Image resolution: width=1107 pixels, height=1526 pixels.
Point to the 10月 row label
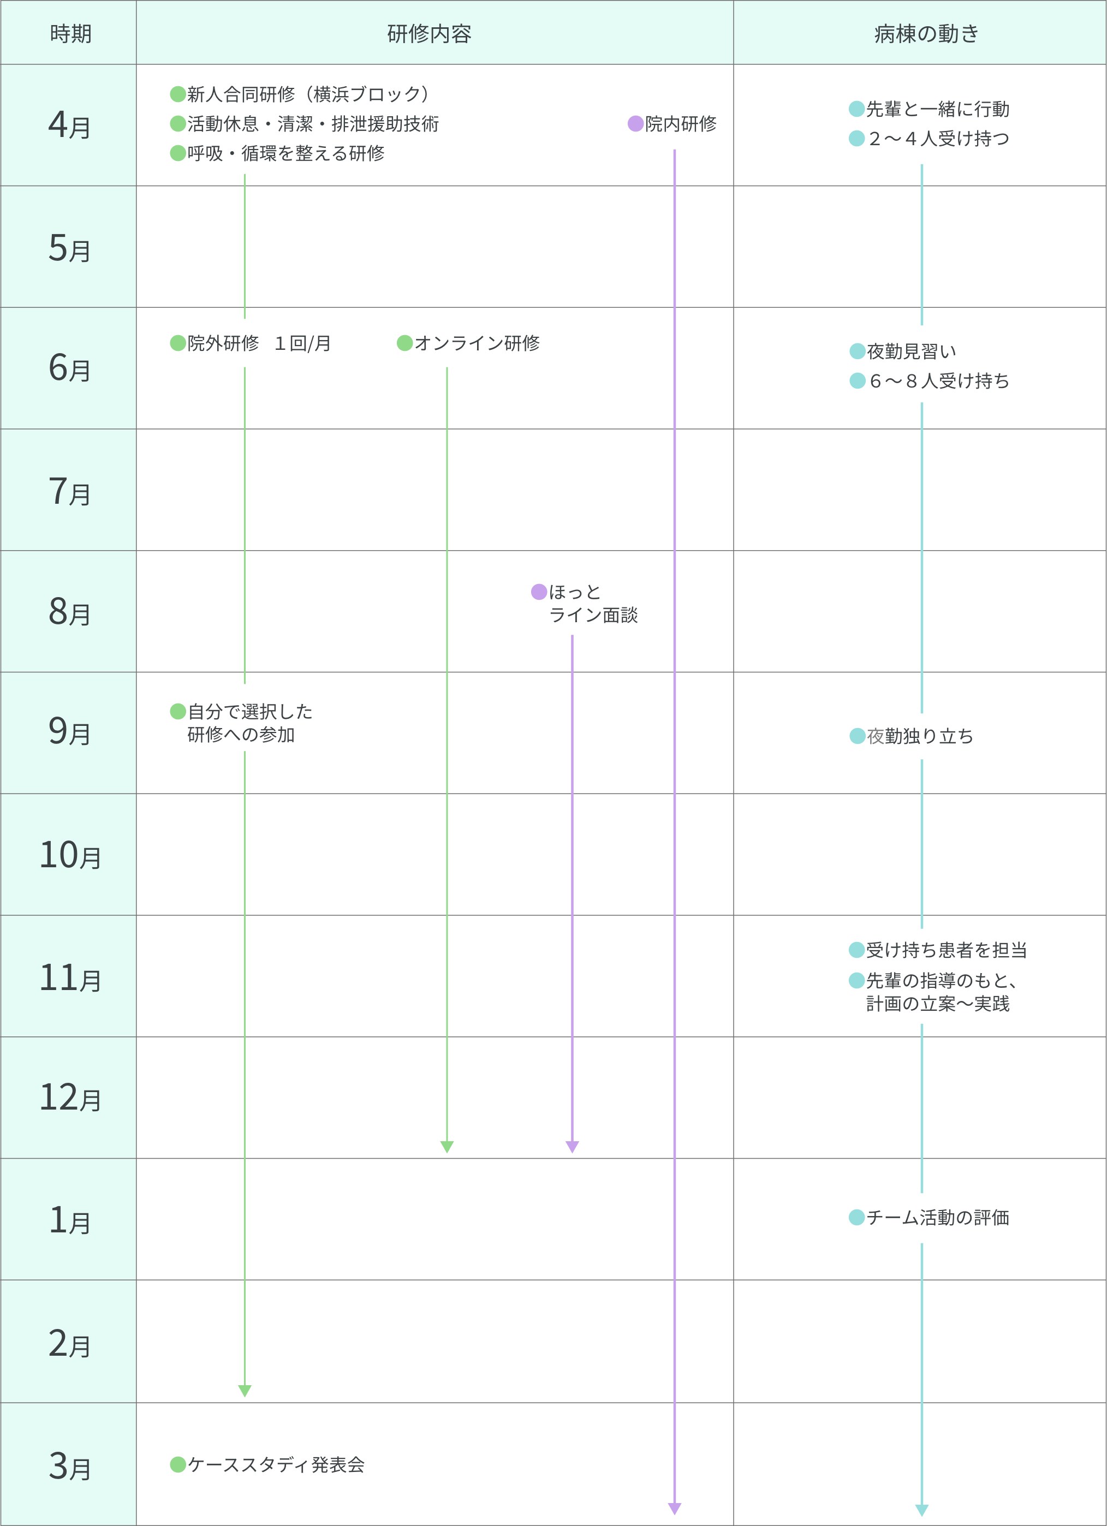coord(70,855)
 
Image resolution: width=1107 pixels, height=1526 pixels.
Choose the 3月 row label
coord(69,1466)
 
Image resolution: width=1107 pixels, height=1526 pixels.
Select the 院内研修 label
coord(681,124)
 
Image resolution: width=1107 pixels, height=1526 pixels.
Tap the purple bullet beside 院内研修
coord(635,124)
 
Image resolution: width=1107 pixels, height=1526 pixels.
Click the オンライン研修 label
coord(477,343)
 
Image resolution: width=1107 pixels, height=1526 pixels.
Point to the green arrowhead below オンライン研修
coord(447,1147)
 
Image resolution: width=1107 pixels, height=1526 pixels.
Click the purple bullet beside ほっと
coord(538,592)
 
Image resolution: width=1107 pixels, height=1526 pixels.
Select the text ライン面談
coord(593,615)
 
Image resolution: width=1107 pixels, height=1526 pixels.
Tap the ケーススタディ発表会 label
coord(276,1465)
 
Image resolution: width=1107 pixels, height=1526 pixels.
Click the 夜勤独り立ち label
coord(920,736)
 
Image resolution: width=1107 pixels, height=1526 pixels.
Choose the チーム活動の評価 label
coord(937,1217)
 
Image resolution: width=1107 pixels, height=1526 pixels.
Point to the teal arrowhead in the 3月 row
coord(922,1510)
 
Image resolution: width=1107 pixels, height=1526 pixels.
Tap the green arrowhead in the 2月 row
coord(245,1391)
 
